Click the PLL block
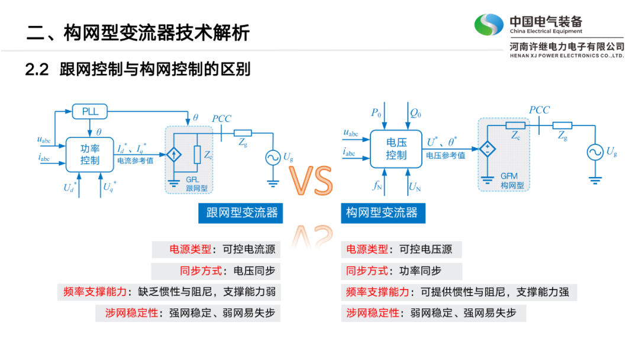tap(91, 111)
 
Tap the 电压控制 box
tap(396, 149)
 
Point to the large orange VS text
tap(312, 181)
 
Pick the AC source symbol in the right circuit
tap(595, 152)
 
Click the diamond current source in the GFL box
tap(174, 155)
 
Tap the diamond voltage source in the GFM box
tap(488, 149)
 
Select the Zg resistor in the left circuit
tap(243, 133)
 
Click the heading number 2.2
tap(36, 69)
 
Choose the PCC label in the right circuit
tap(539, 110)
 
